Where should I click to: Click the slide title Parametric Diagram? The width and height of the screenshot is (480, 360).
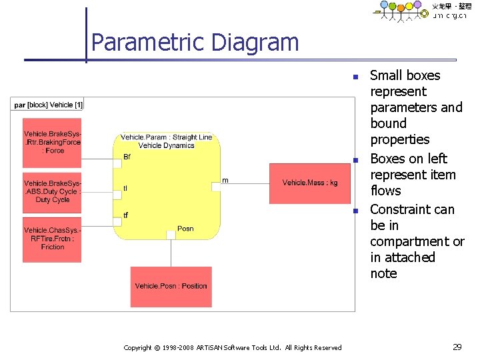pyautogui.click(x=195, y=43)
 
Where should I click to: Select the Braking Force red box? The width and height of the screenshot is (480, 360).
pyautogui.click(x=52, y=143)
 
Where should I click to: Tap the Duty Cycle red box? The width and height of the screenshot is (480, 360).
pyautogui.click(x=52, y=191)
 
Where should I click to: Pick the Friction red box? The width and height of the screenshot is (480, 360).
pyautogui.click(x=52, y=239)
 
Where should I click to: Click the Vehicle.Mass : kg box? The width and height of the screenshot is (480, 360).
pyautogui.click(x=309, y=183)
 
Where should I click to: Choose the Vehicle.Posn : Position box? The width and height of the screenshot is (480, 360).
pyautogui.click(x=171, y=286)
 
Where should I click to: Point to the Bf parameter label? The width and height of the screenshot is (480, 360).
pyautogui.click(x=127, y=157)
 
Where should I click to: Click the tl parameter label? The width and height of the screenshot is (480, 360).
pyautogui.click(x=125, y=189)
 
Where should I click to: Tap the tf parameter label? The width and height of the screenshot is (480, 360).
pyautogui.click(x=126, y=215)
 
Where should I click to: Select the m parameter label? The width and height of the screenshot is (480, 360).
pyautogui.click(x=225, y=180)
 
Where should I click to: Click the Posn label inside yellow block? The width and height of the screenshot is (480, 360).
pyautogui.click(x=185, y=229)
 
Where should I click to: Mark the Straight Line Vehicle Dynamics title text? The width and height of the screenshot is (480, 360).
pyautogui.click(x=166, y=141)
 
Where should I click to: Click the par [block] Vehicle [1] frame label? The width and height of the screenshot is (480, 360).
pyautogui.click(x=48, y=105)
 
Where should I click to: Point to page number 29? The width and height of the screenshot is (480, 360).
pyautogui.click(x=457, y=347)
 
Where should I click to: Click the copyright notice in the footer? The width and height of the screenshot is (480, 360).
pyautogui.click(x=233, y=347)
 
